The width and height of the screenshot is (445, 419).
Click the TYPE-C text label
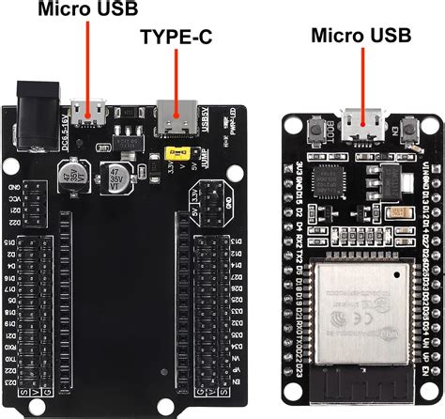tap(176, 39)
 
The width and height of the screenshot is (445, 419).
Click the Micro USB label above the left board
tap(87, 9)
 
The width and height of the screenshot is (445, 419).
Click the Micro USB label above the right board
tap(361, 36)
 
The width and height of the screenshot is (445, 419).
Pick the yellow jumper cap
tap(173, 150)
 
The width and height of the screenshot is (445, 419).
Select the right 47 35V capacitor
tap(115, 178)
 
